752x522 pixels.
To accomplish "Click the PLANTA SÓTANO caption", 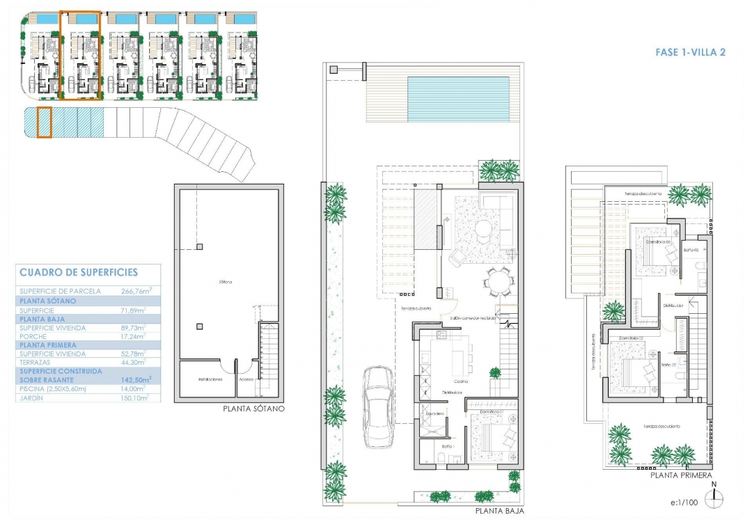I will pos(253,409).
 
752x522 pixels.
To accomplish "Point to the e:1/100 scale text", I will pos(684,501).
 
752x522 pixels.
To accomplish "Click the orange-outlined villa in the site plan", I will pos(81,54).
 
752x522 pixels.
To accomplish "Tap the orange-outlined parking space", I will pos(44,122).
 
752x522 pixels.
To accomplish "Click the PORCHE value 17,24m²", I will pos(134,335).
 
